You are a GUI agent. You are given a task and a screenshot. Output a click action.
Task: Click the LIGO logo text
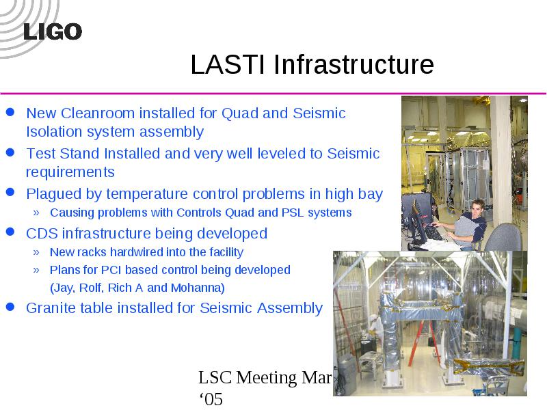tap(53, 31)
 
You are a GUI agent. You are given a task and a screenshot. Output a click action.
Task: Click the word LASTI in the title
tap(228, 64)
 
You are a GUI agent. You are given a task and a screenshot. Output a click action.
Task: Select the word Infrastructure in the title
tap(353, 64)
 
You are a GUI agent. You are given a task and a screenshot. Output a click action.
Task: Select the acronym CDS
tap(42, 234)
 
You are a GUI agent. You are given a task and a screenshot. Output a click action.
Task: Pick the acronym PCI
tap(111, 270)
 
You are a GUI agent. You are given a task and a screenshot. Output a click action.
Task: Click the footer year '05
tap(211, 399)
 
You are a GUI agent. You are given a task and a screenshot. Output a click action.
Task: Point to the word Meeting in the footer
tap(266, 378)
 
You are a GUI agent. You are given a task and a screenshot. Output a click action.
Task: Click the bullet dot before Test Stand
tap(10, 152)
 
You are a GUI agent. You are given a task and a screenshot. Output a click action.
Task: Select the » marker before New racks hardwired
tap(36, 252)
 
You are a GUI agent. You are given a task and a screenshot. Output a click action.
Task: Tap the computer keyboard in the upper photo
tap(434, 232)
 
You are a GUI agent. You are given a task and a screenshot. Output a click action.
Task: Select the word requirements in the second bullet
tap(70, 172)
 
